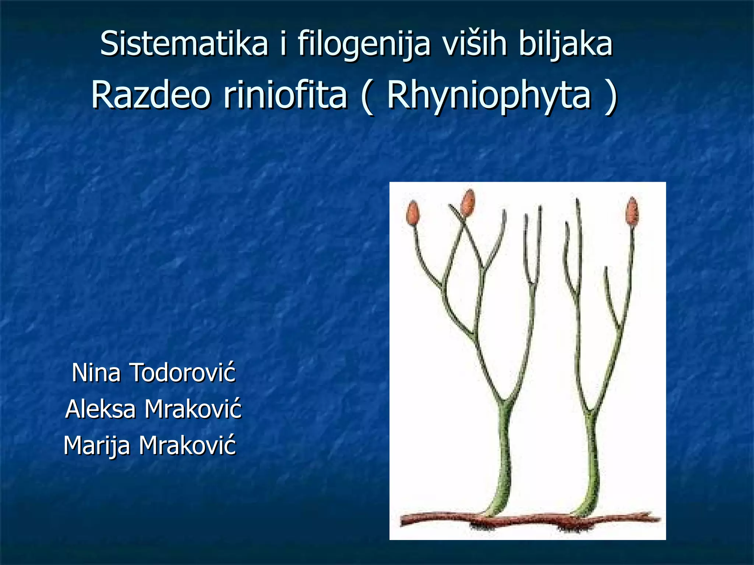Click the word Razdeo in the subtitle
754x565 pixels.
(x=151, y=95)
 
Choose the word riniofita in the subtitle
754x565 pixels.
(x=285, y=95)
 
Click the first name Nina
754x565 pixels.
(x=96, y=372)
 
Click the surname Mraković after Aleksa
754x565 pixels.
(x=193, y=409)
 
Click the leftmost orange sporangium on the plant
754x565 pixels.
(x=413, y=213)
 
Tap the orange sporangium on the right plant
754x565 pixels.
(x=632, y=211)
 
